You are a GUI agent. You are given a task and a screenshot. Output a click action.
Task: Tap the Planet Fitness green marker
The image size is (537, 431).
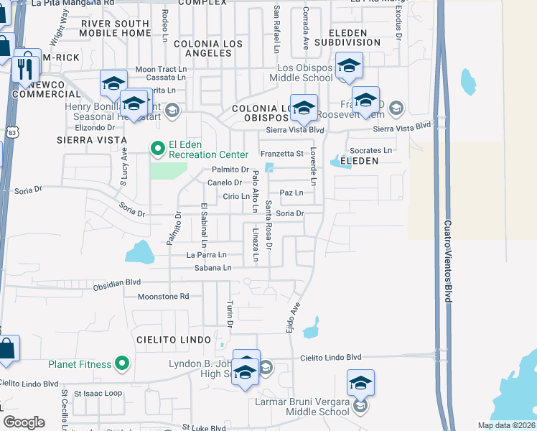pos(122,364)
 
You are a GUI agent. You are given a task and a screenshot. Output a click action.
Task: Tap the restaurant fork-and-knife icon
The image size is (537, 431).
pos(26,68)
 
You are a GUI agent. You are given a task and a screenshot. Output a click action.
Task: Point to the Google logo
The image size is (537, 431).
pos(24,422)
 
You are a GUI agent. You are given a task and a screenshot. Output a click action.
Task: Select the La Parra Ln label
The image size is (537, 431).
pos(206,254)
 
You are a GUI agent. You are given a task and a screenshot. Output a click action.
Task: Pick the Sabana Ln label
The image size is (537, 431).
pos(213,267)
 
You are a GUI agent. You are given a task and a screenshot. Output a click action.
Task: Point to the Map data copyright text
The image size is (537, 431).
pos(506,425)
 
